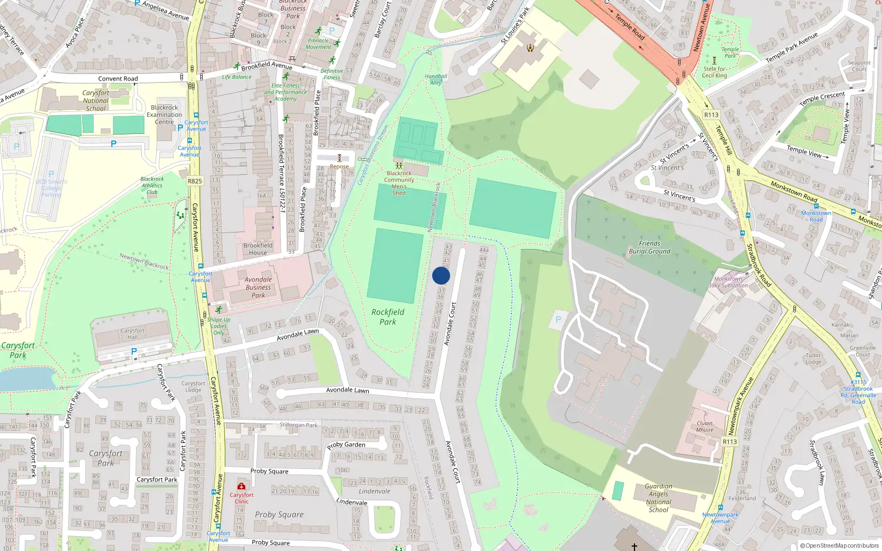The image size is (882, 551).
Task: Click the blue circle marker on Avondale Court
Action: [441, 275]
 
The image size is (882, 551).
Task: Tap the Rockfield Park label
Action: [388, 317]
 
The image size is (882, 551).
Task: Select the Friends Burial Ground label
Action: [649, 247]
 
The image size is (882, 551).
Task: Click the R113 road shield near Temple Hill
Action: [711, 115]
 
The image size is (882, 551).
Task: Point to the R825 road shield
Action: [195, 181]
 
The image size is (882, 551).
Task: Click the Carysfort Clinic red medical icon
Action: [241, 486]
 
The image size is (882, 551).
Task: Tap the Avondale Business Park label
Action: [258, 287]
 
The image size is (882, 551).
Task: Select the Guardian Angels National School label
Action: [658, 498]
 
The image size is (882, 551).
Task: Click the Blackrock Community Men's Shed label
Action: [399, 183]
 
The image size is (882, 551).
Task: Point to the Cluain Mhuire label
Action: [704, 426]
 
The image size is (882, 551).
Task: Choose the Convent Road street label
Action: [118, 79]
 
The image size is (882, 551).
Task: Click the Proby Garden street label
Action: [346, 445]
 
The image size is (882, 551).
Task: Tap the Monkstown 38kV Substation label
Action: [728, 282]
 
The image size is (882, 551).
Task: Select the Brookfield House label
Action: [257, 249]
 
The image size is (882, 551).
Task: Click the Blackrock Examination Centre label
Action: [164, 115]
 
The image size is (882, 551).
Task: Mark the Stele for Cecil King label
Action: [714, 72]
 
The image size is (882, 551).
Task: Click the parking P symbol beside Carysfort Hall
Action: [133, 352]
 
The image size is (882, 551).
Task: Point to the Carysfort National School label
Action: [95, 101]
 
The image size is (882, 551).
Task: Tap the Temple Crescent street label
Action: [822, 99]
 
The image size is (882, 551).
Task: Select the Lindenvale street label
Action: [352, 502]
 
